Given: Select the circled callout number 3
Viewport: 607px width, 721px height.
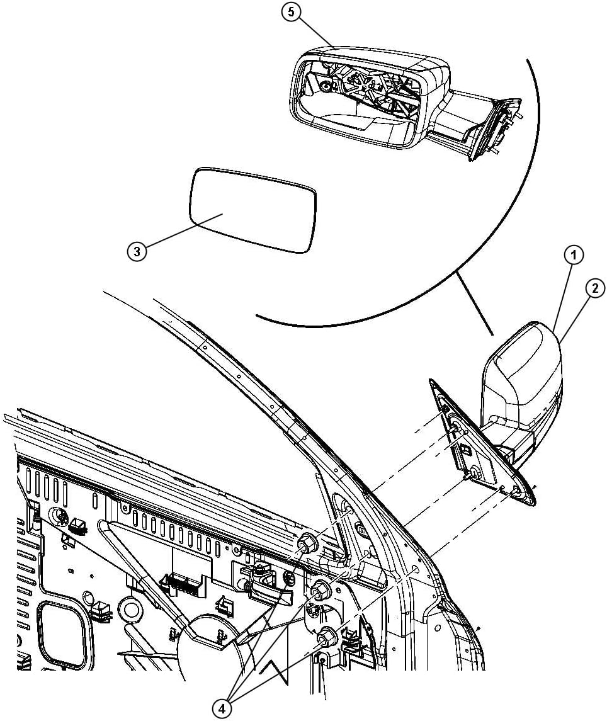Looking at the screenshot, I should [137, 251].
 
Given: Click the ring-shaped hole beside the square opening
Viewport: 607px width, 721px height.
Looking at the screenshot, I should [131, 610].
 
